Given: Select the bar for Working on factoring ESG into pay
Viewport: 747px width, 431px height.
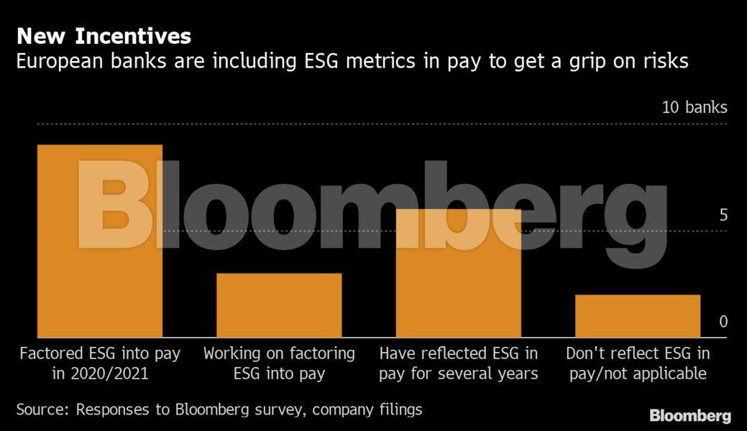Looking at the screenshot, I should click(279, 305).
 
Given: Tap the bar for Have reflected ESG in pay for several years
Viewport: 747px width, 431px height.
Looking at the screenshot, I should click(459, 273).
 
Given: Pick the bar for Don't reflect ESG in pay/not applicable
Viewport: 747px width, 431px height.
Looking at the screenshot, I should click(638, 316).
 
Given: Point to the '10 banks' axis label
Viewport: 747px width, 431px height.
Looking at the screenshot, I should click(694, 108).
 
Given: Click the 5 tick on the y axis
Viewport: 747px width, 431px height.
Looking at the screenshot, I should click(723, 215).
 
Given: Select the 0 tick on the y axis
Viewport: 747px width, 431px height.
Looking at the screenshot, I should click(723, 322).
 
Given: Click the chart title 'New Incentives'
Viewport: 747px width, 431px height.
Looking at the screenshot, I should click(104, 35).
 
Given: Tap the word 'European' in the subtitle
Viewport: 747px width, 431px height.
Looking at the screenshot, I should click(60, 62).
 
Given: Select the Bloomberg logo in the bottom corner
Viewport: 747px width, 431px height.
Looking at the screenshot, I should click(690, 416).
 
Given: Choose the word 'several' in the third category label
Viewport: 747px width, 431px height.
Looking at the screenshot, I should click(469, 374).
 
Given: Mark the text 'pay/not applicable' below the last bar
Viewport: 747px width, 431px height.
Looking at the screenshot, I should click(638, 374).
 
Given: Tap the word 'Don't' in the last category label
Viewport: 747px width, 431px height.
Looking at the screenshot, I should click(584, 353).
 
